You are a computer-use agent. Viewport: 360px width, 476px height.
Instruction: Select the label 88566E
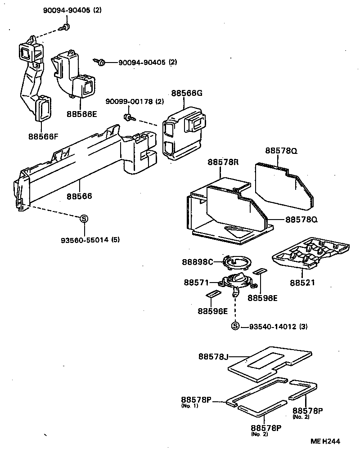(x=82, y=114)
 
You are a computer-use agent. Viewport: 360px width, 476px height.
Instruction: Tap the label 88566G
(x=186, y=94)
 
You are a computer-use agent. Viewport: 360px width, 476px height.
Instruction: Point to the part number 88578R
(x=223, y=162)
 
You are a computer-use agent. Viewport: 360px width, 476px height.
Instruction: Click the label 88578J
(x=213, y=357)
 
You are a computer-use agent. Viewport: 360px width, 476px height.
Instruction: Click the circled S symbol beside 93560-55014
(x=84, y=219)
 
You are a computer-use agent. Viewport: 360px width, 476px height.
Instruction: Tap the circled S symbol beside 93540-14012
(x=235, y=327)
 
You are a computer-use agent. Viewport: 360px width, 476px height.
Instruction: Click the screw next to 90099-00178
(x=128, y=118)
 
